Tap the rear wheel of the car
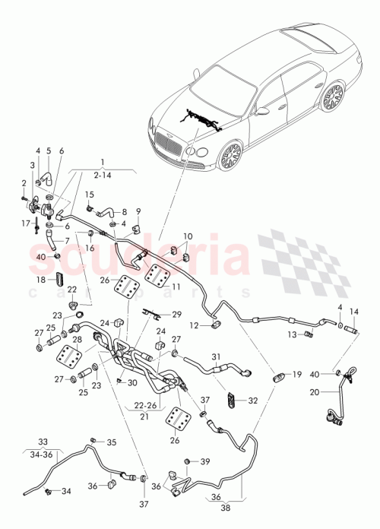(x=332, y=97)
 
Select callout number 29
(x=177, y=314)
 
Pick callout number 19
(x=297, y=375)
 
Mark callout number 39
(x=204, y=462)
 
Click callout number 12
(x=195, y=325)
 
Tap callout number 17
(x=25, y=223)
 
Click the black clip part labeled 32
(x=233, y=398)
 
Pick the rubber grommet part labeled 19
(x=280, y=377)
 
